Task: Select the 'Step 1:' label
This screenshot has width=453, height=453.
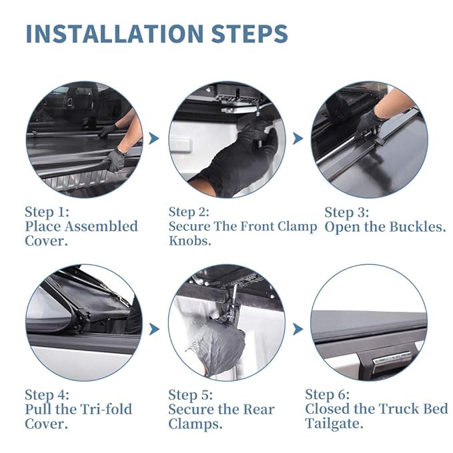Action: (47, 211)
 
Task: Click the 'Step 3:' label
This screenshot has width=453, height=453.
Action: (346, 212)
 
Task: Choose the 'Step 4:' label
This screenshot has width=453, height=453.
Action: (47, 394)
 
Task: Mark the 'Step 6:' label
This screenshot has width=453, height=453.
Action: (327, 394)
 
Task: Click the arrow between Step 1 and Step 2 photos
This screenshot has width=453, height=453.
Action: (154, 138)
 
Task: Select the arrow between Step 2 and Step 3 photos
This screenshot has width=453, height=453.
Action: (298, 138)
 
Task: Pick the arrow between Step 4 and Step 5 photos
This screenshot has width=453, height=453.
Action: (154, 329)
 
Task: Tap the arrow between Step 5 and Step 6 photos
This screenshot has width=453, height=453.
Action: (298, 329)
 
